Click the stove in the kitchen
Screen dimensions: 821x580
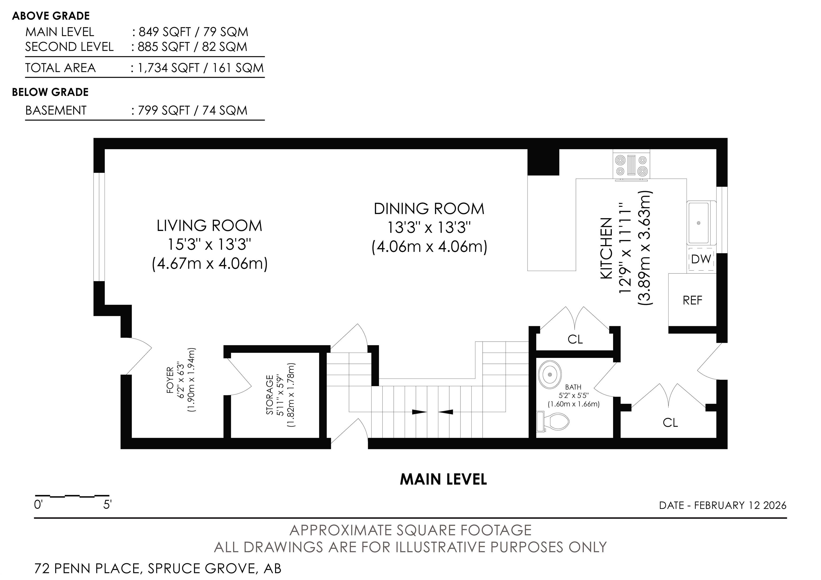pyautogui.click(x=632, y=165)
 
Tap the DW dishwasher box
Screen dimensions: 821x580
pyautogui.click(x=701, y=258)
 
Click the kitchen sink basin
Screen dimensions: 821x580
pyautogui.click(x=698, y=222)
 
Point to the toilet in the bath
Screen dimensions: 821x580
pyautogui.click(x=553, y=422)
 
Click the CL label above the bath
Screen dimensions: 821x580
pyautogui.click(x=575, y=339)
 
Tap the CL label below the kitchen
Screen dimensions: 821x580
pyautogui.click(x=670, y=423)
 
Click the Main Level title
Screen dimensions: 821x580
pyautogui.click(x=443, y=480)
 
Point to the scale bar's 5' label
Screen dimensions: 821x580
pyautogui.click(x=107, y=505)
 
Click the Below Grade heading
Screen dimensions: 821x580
pyautogui.click(x=51, y=92)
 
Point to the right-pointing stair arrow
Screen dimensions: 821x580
pyautogui.click(x=419, y=412)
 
